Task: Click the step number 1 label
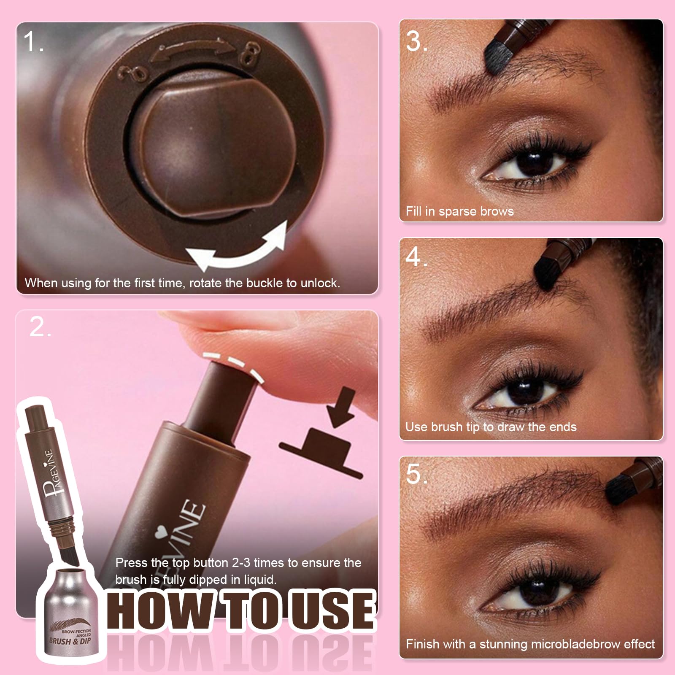pyautogui.click(x=33, y=42)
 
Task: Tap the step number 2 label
pyautogui.click(x=40, y=327)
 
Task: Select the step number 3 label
pyautogui.click(x=417, y=41)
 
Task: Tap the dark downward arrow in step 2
pyautogui.click(x=341, y=408)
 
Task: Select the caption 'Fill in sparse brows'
pyautogui.click(x=460, y=211)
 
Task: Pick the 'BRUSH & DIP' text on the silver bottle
pyautogui.click(x=70, y=641)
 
